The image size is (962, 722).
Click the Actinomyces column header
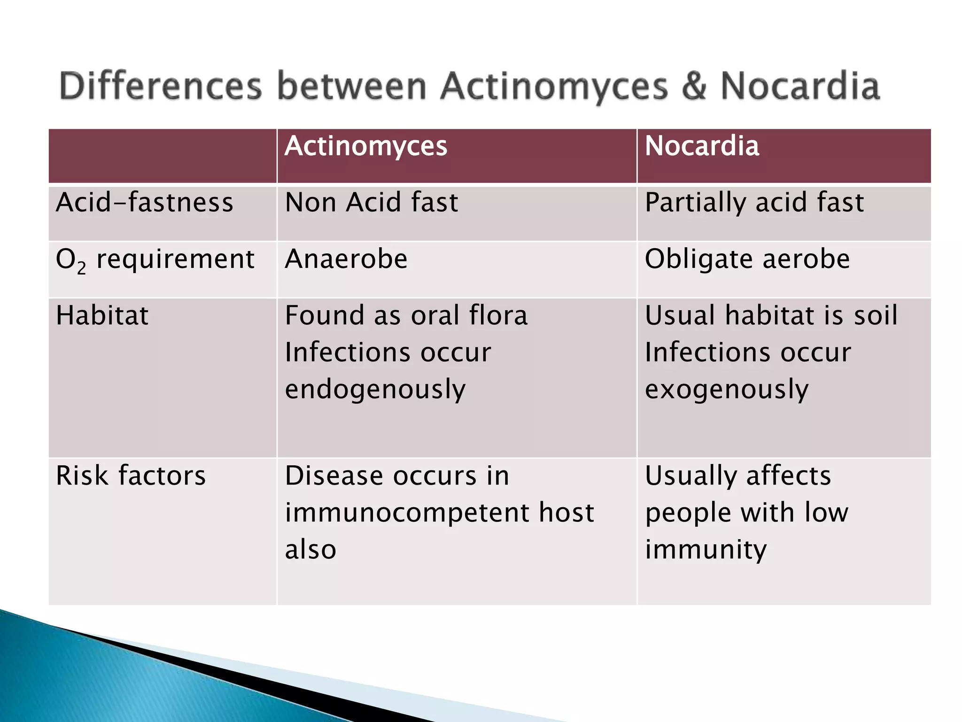[365, 146]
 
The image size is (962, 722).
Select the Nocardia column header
[701, 146]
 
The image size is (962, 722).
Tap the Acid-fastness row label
[144, 203]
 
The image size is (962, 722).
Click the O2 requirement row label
[155, 260]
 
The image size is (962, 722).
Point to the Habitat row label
[102, 315]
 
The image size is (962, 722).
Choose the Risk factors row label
[131, 476]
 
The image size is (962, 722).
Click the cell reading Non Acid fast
[371, 203]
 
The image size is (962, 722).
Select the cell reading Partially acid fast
[754, 203]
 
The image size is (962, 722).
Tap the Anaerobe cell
[346, 259]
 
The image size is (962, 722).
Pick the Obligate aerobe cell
[747, 259]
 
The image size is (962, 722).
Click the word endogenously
[375, 390]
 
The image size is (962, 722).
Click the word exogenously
[726, 390]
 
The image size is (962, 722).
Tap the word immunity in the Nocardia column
[706, 549]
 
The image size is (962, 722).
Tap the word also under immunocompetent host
[310, 549]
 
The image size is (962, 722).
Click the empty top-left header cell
[163, 156]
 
